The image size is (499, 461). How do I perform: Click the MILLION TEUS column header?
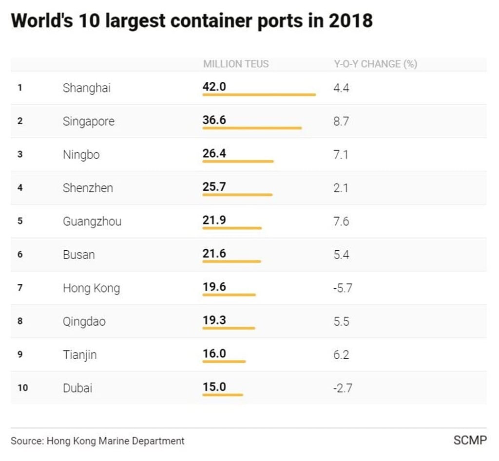tap(236, 64)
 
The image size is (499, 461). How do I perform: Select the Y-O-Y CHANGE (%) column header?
tap(375, 64)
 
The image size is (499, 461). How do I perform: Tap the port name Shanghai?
tap(87, 88)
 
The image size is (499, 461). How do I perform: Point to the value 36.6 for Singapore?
tap(214, 120)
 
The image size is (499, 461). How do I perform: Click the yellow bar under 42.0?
tap(259, 95)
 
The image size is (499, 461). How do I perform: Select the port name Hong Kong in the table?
tap(91, 288)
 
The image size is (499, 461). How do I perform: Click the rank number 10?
tap(22, 388)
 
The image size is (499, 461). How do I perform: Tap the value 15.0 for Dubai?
tap(214, 387)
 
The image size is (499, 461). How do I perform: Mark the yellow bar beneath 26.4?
tap(238, 162)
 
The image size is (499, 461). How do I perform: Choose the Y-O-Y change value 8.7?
tap(341, 122)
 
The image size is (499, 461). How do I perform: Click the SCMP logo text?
tap(470, 440)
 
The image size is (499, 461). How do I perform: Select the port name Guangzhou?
tap(92, 222)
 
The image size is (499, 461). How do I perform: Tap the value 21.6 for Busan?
tap(214, 253)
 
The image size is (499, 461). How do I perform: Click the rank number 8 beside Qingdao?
tap(20, 321)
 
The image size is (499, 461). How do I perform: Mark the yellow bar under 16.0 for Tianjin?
tap(224, 362)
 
